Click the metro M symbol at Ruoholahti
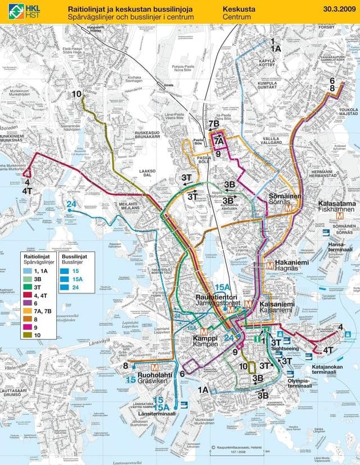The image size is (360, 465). (x=138, y=368)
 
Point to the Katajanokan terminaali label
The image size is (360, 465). (x=327, y=367)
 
